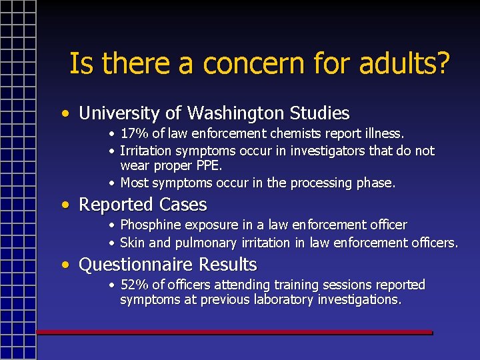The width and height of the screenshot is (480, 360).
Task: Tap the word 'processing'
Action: pyautogui.click(x=329, y=183)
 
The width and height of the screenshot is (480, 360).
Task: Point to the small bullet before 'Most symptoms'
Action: pyautogui.click(x=113, y=183)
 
